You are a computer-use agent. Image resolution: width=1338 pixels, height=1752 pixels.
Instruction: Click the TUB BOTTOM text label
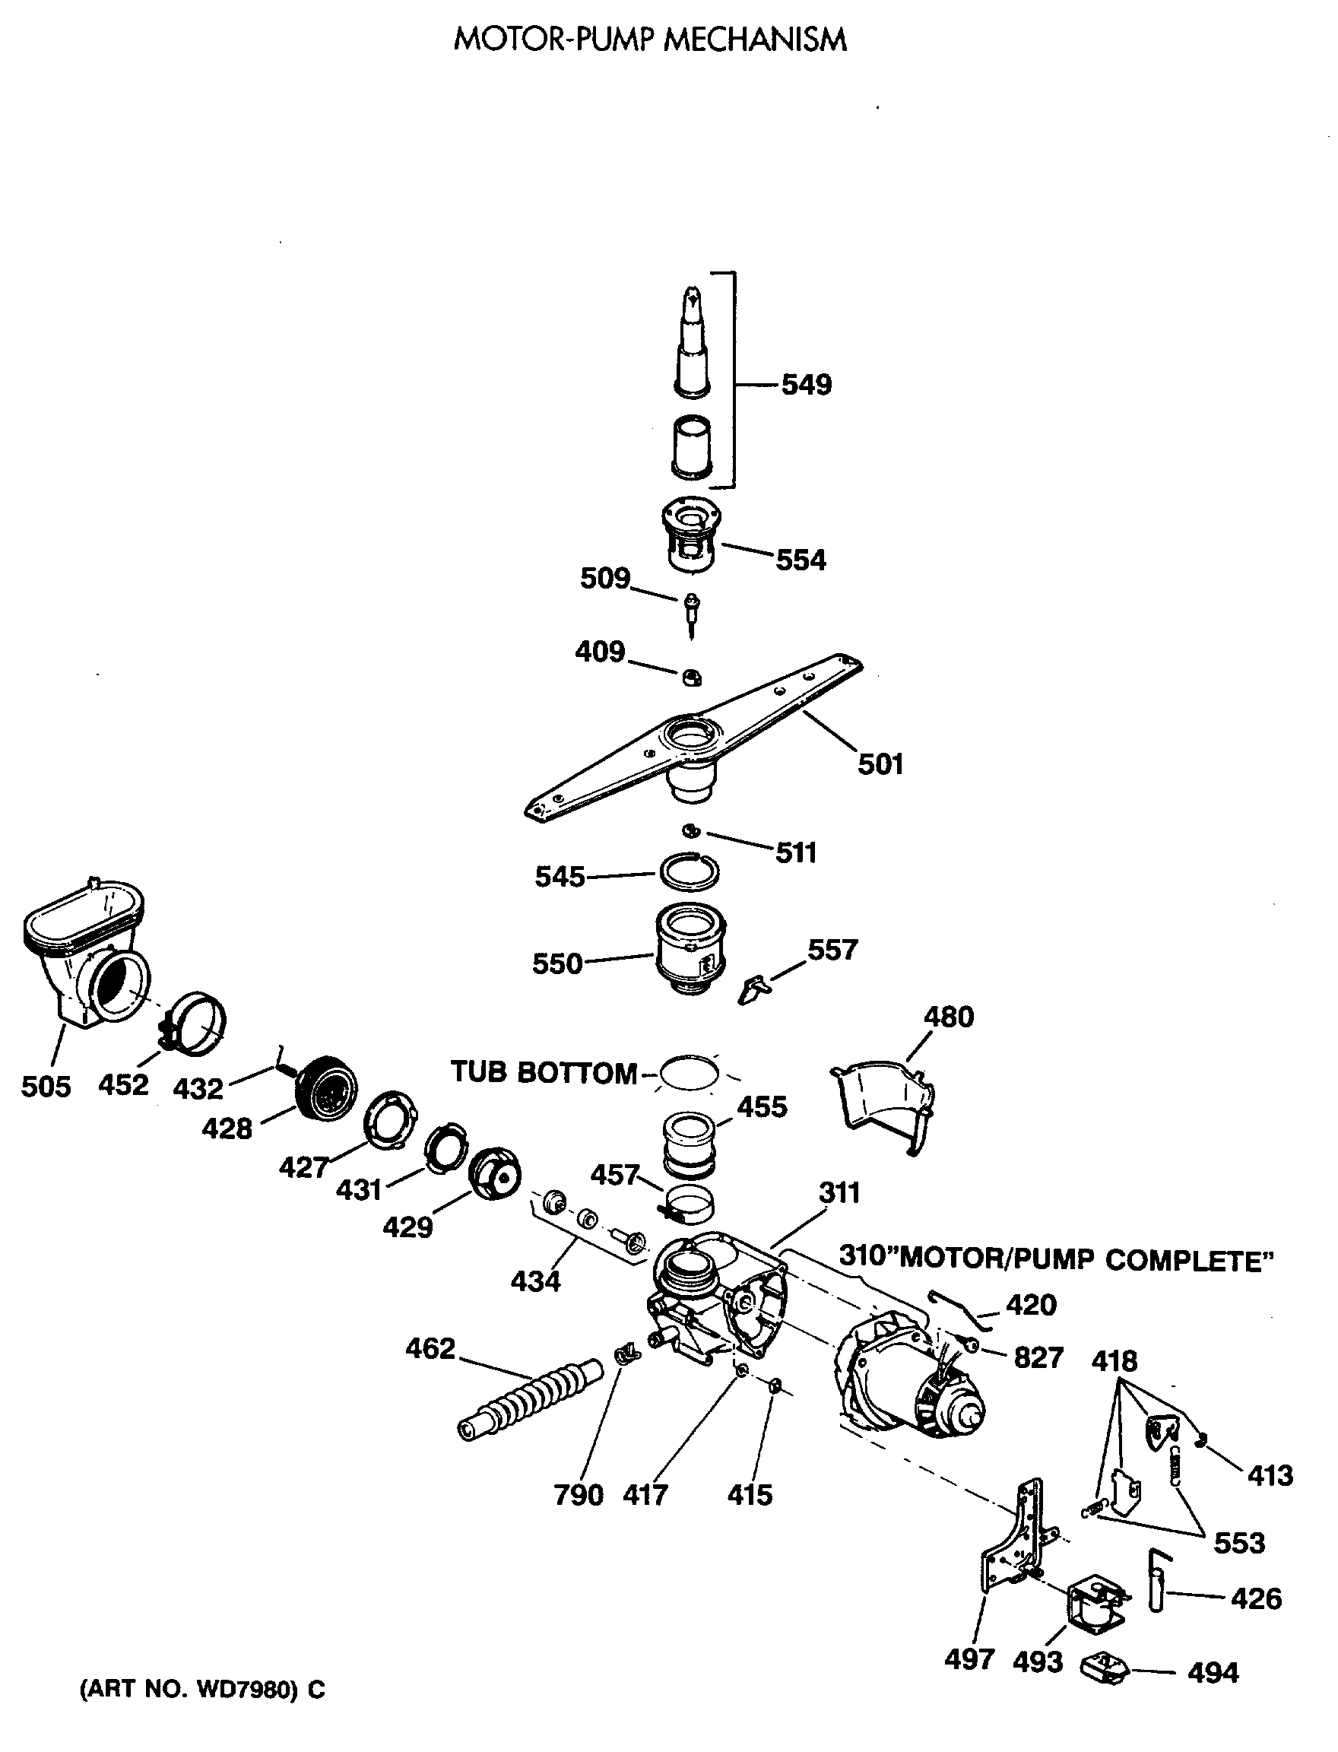[x=544, y=1072]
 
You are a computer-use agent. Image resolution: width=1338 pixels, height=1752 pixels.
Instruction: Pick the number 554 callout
[x=801, y=560]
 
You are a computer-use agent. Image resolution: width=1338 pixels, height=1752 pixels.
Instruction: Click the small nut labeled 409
[x=690, y=678]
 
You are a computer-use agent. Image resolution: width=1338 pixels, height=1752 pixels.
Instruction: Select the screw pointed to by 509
[x=690, y=614]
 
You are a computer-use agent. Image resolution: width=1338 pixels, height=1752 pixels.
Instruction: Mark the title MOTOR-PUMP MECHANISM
[x=650, y=40]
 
